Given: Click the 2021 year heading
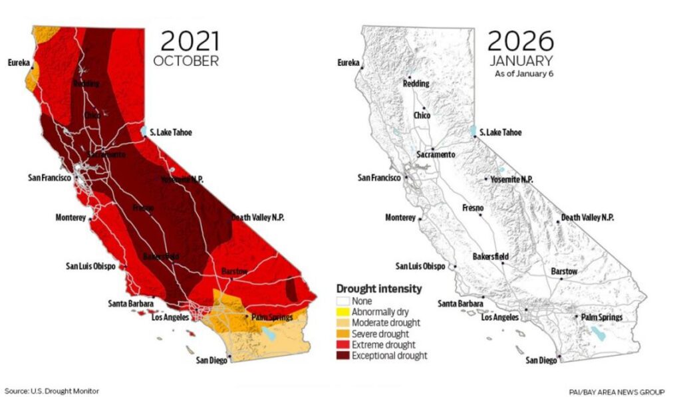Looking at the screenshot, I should point(190,41).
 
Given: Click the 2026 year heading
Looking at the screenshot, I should point(521,41).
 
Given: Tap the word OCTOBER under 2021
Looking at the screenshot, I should point(186,61).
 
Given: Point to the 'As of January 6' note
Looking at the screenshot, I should point(524,74).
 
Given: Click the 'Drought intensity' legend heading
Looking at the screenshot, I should point(378,289).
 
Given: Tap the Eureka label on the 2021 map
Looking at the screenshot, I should point(19,63).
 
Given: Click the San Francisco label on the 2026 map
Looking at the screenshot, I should point(378,178).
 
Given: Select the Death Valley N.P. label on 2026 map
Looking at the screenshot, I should point(587,217).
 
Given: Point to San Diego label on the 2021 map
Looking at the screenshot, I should point(210,360).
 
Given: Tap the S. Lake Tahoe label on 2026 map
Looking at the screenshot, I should point(501,132).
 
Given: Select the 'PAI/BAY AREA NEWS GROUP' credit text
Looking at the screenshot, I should point(616,392).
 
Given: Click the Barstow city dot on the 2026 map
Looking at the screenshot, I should point(561,279).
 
